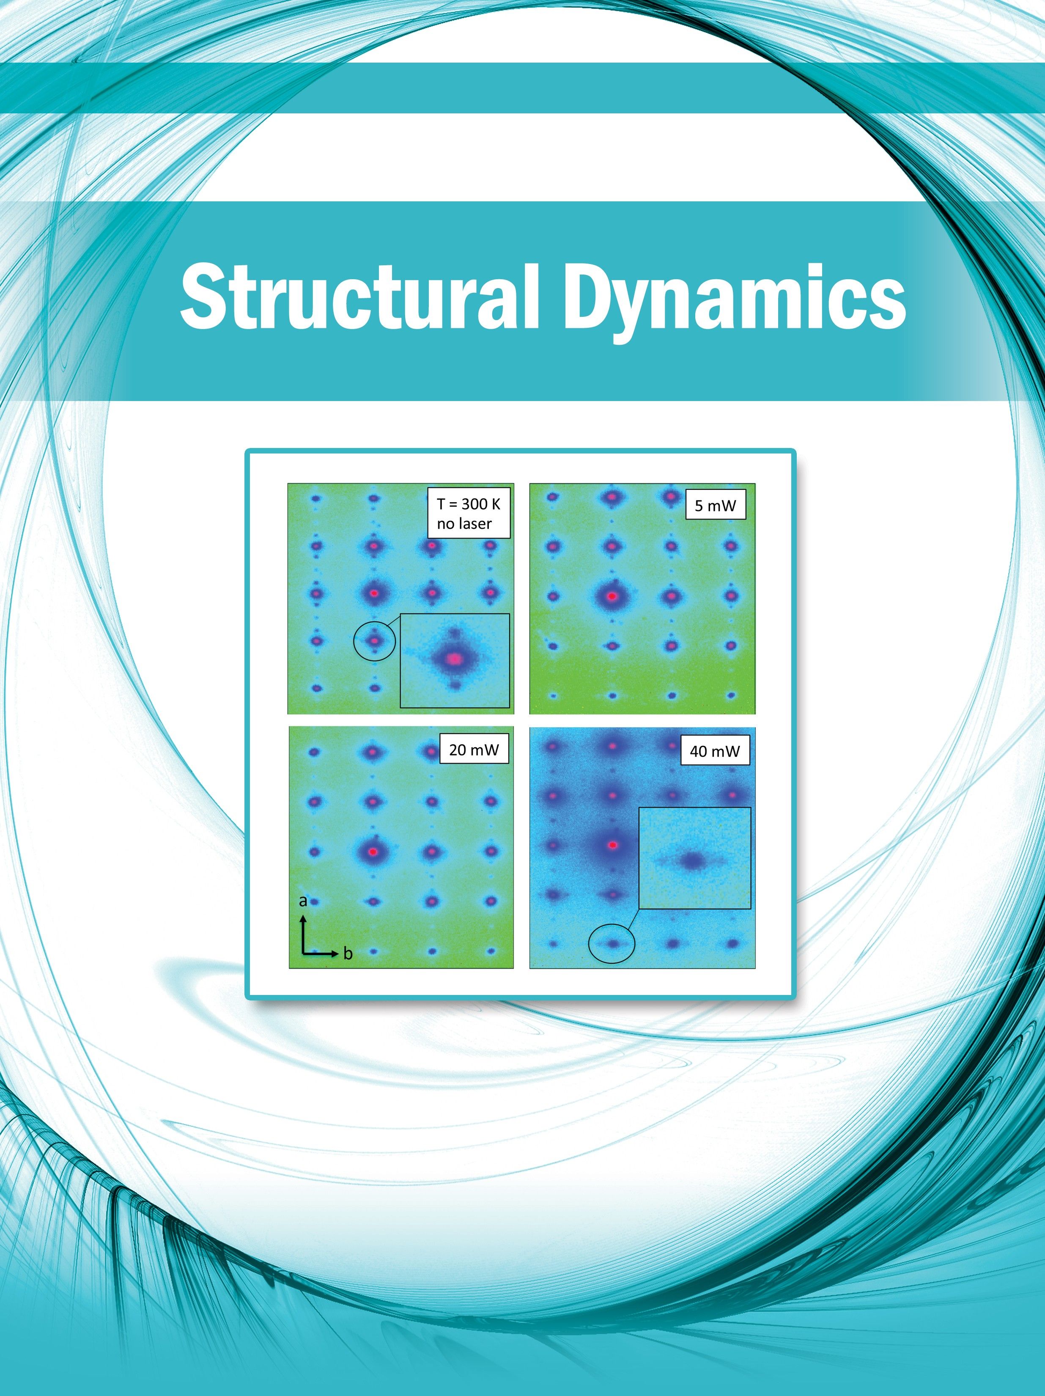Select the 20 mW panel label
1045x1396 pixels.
(474, 749)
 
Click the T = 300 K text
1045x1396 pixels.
(468, 505)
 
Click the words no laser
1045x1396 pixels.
(464, 523)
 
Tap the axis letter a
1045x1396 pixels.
(303, 901)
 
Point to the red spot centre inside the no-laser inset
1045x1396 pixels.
(454, 658)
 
